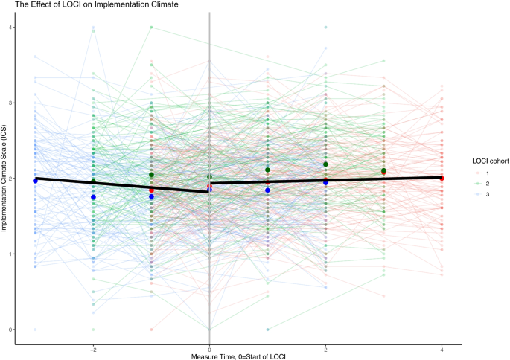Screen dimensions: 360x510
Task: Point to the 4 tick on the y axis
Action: (13, 28)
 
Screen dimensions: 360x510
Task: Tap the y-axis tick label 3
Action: (13, 103)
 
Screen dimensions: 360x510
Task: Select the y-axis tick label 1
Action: (13, 254)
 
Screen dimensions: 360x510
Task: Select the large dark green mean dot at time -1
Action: (151, 175)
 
